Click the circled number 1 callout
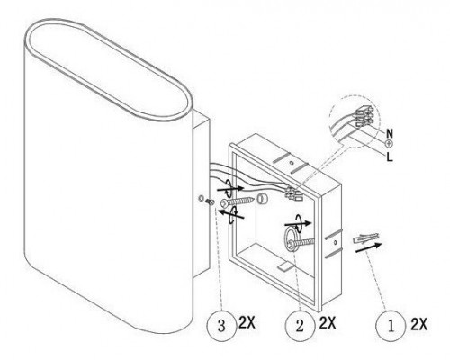click(391, 326)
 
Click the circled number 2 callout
click(300, 326)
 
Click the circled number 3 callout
click(221, 326)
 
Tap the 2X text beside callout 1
click(418, 324)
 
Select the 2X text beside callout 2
click(328, 323)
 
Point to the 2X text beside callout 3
click(247, 323)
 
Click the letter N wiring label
click(390, 133)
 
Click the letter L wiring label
click(390, 157)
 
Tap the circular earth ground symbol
click(389, 144)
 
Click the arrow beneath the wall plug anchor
click(368, 247)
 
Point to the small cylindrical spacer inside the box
click(261, 199)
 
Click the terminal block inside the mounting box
click(294, 193)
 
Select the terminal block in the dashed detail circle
click(364, 116)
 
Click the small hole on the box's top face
click(291, 163)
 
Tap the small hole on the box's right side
click(335, 242)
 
